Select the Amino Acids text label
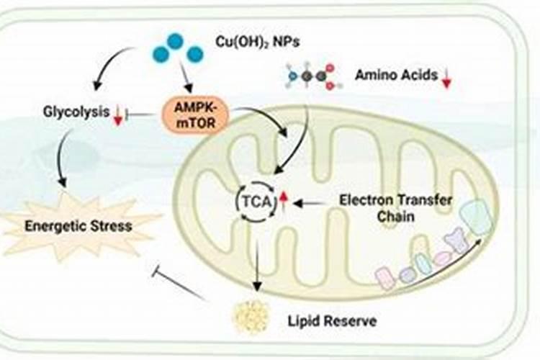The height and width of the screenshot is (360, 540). click(396, 75)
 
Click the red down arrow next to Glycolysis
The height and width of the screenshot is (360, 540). click(118, 114)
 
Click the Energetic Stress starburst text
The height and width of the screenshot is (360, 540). click(78, 226)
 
